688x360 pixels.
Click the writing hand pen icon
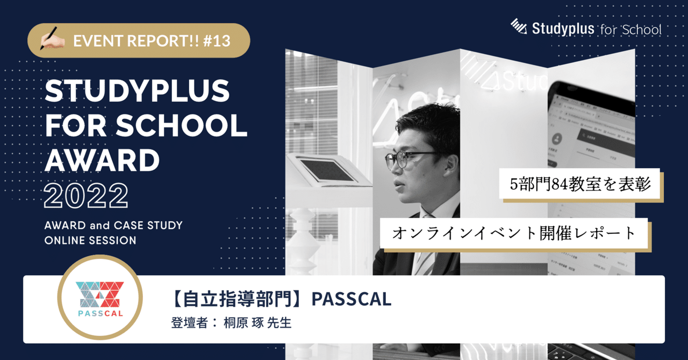(x=53, y=40)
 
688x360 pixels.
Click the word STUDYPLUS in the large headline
(x=137, y=93)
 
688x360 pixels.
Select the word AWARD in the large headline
(x=102, y=160)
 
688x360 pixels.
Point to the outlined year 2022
(x=86, y=196)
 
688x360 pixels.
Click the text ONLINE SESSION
(x=90, y=240)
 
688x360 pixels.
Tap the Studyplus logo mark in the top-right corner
(x=518, y=28)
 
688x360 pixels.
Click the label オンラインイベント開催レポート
(x=514, y=234)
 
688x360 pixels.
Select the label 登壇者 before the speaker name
(x=185, y=323)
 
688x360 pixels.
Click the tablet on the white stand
(x=325, y=170)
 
